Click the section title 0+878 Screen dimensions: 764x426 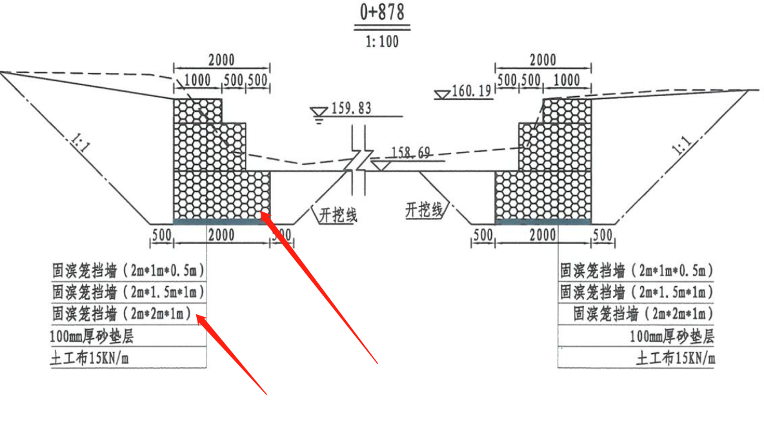[x=382, y=12]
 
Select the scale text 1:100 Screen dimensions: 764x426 [x=382, y=41]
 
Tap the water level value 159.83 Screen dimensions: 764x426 [x=351, y=108]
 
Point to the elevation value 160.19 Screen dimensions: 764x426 [x=471, y=90]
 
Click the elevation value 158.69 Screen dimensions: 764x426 [x=411, y=153]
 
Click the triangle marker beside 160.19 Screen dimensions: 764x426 [x=442, y=94]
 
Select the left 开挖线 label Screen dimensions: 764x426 [x=338, y=214]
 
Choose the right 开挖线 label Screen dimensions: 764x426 [x=424, y=210]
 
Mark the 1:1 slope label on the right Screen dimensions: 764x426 [x=682, y=145]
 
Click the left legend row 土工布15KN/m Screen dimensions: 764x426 [x=89, y=358]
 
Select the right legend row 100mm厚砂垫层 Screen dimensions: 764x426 [x=672, y=336]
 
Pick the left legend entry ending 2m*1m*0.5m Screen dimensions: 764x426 [x=128, y=270]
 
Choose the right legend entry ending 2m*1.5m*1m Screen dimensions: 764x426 [x=637, y=292]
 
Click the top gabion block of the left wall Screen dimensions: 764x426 [x=198, y=110]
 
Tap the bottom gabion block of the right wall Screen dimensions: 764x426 [x=543, y=196]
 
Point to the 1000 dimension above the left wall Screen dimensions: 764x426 [x=197, y=80]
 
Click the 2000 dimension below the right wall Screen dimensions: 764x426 [x=543, y=235]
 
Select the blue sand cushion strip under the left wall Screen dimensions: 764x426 [x=222, y=222]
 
